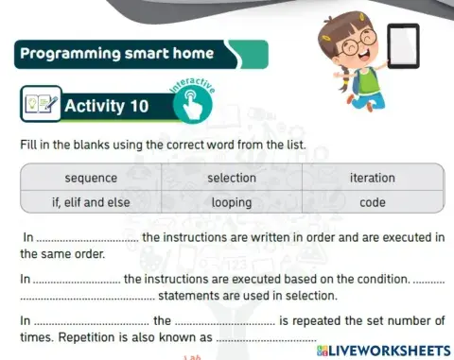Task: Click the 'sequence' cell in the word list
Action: click(91, 178)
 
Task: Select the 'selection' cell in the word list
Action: click(232, 178)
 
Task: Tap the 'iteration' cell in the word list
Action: click(373, 178)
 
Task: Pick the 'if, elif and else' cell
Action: click(91, 201)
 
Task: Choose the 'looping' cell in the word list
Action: click(232, 201)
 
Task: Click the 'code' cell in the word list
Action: click(373, 201)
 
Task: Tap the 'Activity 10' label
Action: click(106, 106)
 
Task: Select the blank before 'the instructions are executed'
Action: click(77, 280)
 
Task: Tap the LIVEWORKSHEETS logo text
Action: click(389, 349)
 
